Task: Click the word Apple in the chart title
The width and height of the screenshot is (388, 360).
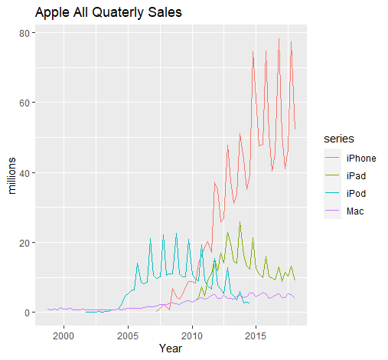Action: [52, 13]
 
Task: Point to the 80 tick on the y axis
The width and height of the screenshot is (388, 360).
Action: [24, 33]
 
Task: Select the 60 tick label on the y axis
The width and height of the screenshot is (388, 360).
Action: [24, 103]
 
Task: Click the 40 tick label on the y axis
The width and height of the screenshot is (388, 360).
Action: [24, 173]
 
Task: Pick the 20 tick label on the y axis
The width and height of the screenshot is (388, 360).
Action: [24, 243]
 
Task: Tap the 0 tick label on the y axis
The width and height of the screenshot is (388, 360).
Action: [27, 313]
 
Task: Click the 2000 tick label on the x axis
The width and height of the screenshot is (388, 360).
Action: [64, 336]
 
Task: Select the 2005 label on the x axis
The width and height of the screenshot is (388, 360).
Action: [128, 336]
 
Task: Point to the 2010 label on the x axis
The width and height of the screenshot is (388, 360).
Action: [192, 336]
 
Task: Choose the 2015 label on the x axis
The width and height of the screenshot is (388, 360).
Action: [256, 336]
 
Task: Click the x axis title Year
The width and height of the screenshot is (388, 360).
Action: [171, 349]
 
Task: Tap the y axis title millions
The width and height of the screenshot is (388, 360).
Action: [11, 175]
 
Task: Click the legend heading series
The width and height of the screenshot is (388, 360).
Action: [339, 139]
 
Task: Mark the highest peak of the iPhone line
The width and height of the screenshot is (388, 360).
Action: [279, 38]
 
